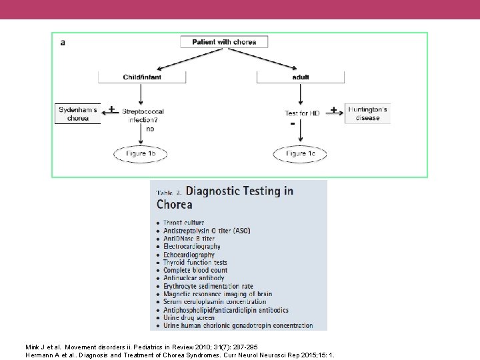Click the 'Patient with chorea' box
tap(224, 42)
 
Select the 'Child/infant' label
tap(142, 77)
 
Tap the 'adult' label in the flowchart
tap(301, 77)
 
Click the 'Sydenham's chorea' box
tap(77, 114)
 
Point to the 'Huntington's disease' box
tap(367, 113)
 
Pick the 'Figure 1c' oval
tap(300, 154)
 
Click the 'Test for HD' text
tap(302, 113)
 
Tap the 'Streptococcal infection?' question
tap(143, 116)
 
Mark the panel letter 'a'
tap(63, 42)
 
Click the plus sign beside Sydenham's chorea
tap(111, 109)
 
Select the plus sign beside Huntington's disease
tap(333, 109)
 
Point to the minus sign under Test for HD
tap(292, 125)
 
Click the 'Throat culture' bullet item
tap(184, 223)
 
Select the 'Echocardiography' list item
tap(189, 255)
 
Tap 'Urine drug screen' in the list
tap(189, 318)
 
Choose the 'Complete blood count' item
tap(195, 271)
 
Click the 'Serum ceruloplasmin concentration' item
tap(215, 302)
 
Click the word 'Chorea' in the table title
tap(174, 205)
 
